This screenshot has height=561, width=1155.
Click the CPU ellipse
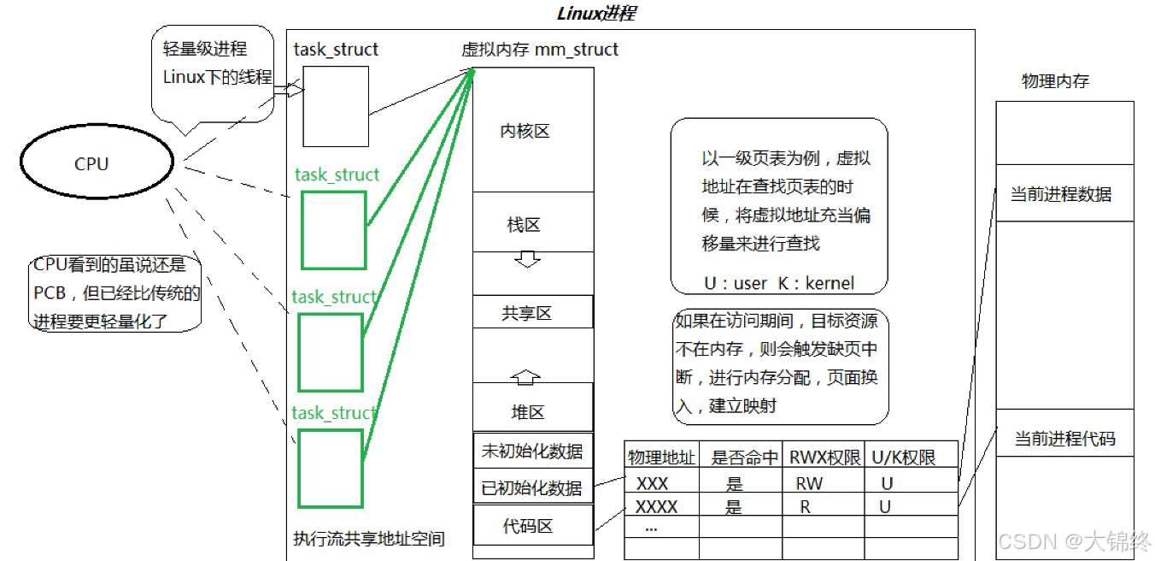(x=97, y=163)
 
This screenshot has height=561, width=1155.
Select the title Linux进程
(x=595, y=14)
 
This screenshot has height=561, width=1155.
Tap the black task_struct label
(x=336, y=50)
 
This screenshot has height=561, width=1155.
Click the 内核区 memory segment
(x=525, y=131)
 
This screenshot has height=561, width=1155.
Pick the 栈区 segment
(x=524, y=225)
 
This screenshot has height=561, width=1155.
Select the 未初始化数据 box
(x=532, y=452)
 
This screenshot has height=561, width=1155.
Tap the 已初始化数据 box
(x=532, y=488)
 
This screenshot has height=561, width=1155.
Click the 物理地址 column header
(x=661, y=458)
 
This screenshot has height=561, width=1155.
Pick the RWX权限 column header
(x=824, y=458)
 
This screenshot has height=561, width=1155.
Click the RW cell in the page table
(x=809, y=483)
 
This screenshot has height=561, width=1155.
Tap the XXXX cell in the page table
(x=657, y=506)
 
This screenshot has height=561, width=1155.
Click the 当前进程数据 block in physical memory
(x=1062, y=194)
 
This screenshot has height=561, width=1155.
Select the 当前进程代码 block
(x=1064, y=439)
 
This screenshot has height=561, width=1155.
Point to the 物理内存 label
(x=1055, y=81)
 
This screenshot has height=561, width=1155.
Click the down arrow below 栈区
(x=527, y=259)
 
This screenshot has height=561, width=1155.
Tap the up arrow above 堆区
(x=527, y=375)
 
